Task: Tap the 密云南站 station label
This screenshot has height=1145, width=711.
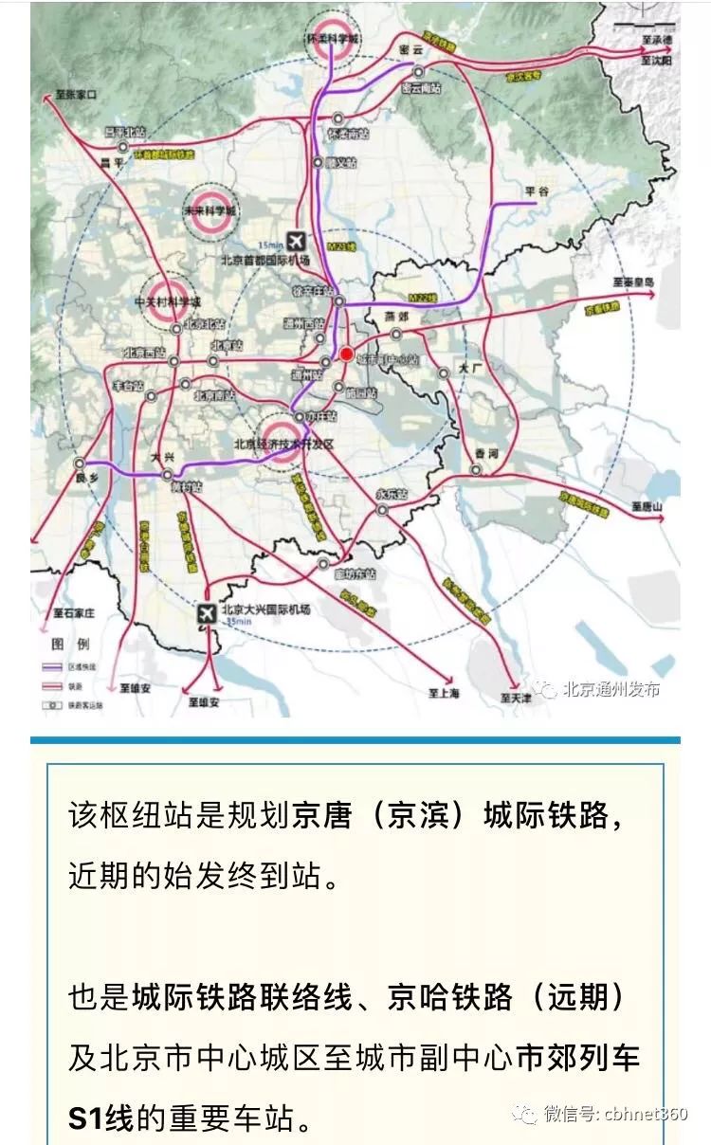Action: point(421,88)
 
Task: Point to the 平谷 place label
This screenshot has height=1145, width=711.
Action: point(538,191)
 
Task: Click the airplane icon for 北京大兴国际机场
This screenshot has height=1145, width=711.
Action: point(204,614)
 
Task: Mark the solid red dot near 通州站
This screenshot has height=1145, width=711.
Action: point(347,354)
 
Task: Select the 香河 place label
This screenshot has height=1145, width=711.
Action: point(487,452)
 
